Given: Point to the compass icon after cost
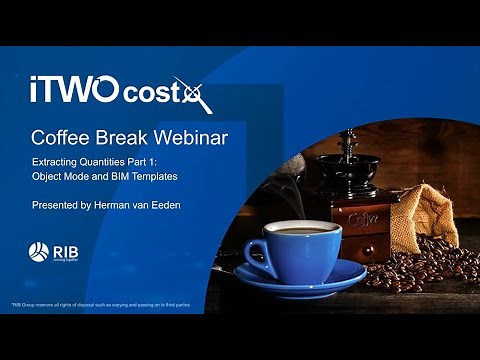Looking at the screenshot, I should (192, 95).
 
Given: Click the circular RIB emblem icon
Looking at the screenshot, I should (38, 252).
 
